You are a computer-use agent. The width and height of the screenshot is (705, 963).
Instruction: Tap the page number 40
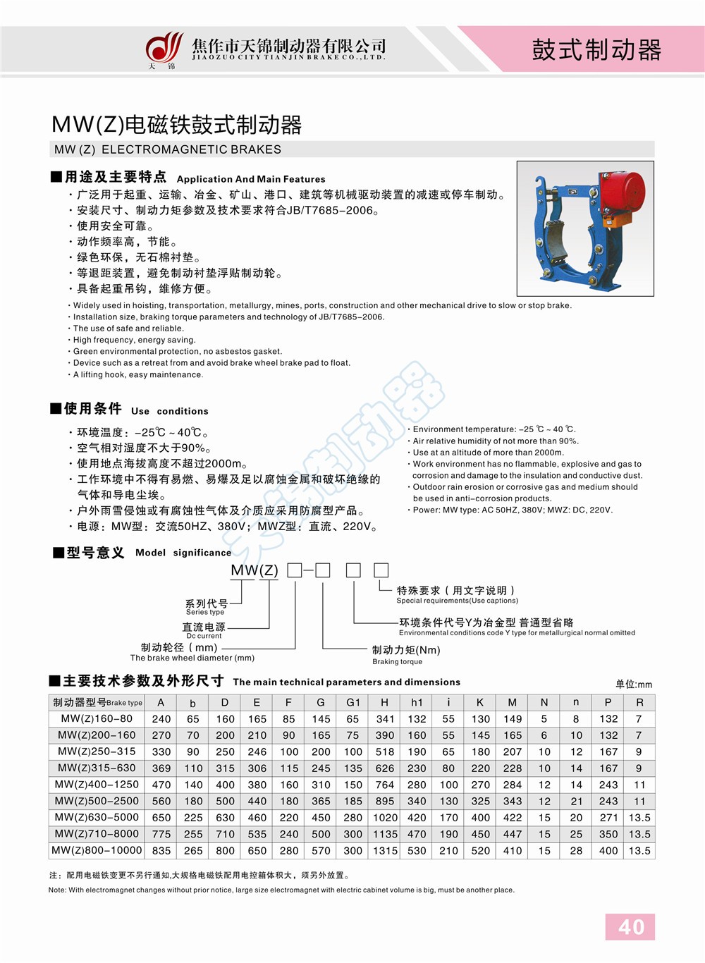coord(630,926)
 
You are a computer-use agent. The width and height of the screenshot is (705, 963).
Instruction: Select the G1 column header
coord(352,702)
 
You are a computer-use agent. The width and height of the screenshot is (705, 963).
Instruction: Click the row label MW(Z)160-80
coord(97,718)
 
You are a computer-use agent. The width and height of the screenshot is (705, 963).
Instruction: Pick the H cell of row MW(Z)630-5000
coord(385,818)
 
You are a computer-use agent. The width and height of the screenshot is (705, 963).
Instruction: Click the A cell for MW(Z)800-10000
coord(161,851)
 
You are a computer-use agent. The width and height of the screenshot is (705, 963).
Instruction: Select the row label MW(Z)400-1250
coord(97,785)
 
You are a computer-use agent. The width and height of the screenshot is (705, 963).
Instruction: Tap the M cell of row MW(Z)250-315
coord(513,752)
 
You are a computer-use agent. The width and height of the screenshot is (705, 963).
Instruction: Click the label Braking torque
coord(397,662)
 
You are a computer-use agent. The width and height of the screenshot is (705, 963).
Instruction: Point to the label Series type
coord(205,612)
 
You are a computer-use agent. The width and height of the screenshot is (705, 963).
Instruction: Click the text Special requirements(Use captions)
coord(457,601)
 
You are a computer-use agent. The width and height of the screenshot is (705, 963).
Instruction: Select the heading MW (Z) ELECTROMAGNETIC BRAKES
coord(168,149)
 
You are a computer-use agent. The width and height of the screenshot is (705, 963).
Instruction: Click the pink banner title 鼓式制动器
coord(596,50)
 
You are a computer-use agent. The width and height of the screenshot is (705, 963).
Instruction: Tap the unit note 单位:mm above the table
coord(634,684)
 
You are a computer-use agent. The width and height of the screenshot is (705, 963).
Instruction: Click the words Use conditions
coord(169,411)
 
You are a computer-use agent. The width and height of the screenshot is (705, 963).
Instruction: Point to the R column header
coord(639,702)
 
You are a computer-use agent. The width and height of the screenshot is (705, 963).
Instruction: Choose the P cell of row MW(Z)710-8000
coord(608,834)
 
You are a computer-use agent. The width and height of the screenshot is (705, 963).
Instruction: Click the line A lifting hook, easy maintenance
coord(138,374)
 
